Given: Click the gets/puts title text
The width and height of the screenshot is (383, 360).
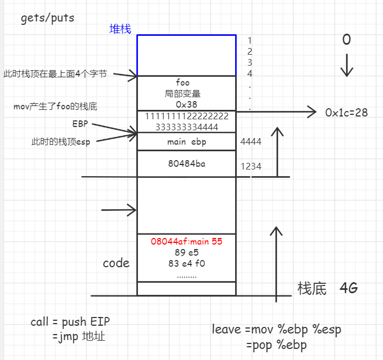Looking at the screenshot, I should click(x=47, y=18).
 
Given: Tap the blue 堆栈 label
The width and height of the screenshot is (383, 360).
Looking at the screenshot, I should click(x=120, y=29).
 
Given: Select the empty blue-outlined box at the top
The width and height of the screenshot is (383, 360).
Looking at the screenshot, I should click(x=187, y=55).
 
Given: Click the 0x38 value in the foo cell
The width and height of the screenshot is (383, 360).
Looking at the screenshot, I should click(x=186, y=104).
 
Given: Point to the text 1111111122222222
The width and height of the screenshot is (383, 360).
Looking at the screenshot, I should click(x=186, y=117).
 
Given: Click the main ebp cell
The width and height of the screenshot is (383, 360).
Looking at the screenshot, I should click(x=186, y=142).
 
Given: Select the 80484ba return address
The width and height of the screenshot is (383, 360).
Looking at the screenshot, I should click(x=186, y=163).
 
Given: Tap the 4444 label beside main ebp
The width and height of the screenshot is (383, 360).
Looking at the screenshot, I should click(x=251, y=142).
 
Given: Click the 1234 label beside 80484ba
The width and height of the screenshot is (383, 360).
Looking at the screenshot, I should click(x=251, y=166).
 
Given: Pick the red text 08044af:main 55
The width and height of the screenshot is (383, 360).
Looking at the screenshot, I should click(x=186, y=241).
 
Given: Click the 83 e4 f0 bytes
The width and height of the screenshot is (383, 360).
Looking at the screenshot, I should click(x=186, y=263).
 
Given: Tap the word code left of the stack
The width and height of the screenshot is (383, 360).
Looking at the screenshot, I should click(x=116, y=263).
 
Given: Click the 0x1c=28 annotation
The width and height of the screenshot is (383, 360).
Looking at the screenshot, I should click(x=347, y=113).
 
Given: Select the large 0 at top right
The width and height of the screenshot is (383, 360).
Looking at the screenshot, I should click(x=346, y=40).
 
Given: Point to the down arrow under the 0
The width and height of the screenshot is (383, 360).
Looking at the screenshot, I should click(x=347, y=65).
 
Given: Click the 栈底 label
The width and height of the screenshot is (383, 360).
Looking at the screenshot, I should click(x=312, y=288).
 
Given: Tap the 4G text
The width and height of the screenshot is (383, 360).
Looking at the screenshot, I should click(x=348, y=288).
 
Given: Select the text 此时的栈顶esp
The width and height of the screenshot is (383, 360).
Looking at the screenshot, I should click(x=60, y=141).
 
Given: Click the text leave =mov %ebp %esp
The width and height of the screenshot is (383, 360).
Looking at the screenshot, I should click(x=276, y=330).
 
